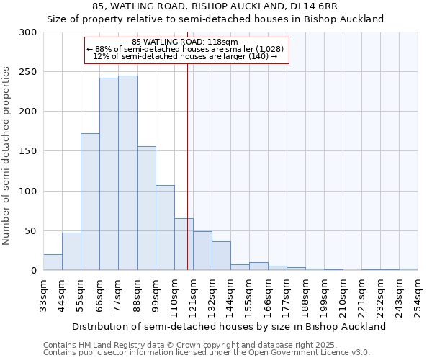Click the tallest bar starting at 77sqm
(127, 173)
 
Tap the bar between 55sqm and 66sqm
(90, 202)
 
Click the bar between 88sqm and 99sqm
(146, 208)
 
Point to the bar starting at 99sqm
(165, 228)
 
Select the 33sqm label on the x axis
(43, 294)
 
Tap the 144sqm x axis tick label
(230, 294)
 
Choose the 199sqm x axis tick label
(324, 294)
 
